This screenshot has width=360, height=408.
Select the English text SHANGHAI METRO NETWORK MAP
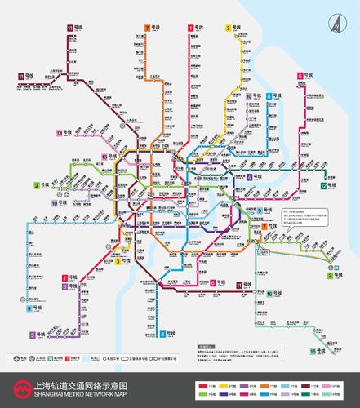pos(78,394)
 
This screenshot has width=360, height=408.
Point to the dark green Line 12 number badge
pos(324,186)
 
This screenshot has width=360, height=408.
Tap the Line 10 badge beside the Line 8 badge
pos(249,97)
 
